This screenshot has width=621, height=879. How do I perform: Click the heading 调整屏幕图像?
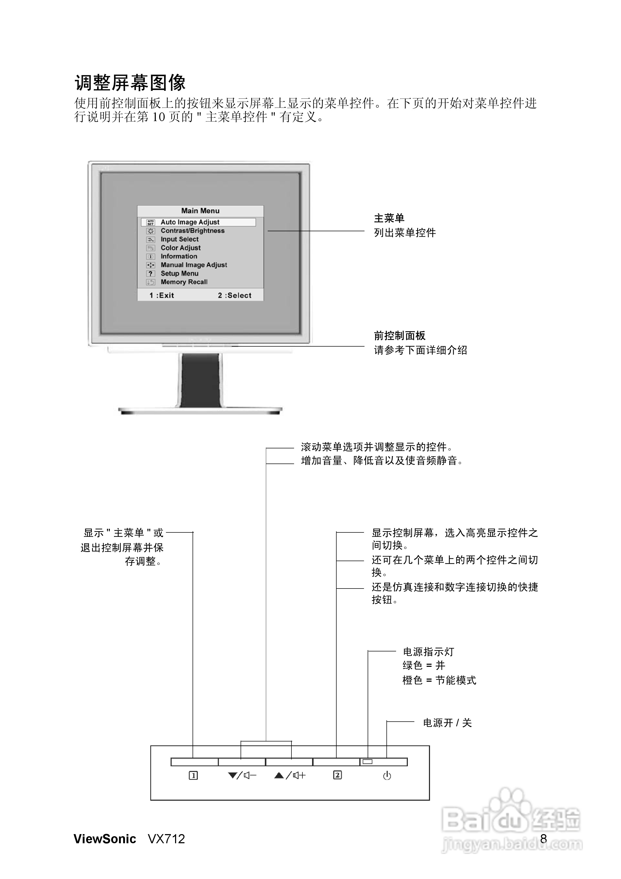coord(130,83)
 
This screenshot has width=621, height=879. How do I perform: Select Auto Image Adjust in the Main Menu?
coord(190,222)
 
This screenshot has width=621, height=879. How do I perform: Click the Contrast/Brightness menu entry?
coord(193,230)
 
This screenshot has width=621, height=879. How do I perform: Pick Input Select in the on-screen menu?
coord(180,239)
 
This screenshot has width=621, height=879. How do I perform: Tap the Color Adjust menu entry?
coord(180,248)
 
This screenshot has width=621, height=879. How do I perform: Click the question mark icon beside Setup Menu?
coord(151,273)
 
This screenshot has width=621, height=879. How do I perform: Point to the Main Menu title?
coord(200,211)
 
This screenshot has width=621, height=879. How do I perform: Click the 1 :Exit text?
coord(162,295)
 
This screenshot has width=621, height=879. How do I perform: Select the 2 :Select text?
coord(235,295)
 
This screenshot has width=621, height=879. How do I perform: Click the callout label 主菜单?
coord(389,218)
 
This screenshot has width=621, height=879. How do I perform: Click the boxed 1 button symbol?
coord(193,776)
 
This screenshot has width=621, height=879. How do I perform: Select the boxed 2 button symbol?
coord(337,775)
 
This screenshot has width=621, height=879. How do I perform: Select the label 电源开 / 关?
coord(447,723)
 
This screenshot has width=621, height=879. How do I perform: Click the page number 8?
coord(543,839)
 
